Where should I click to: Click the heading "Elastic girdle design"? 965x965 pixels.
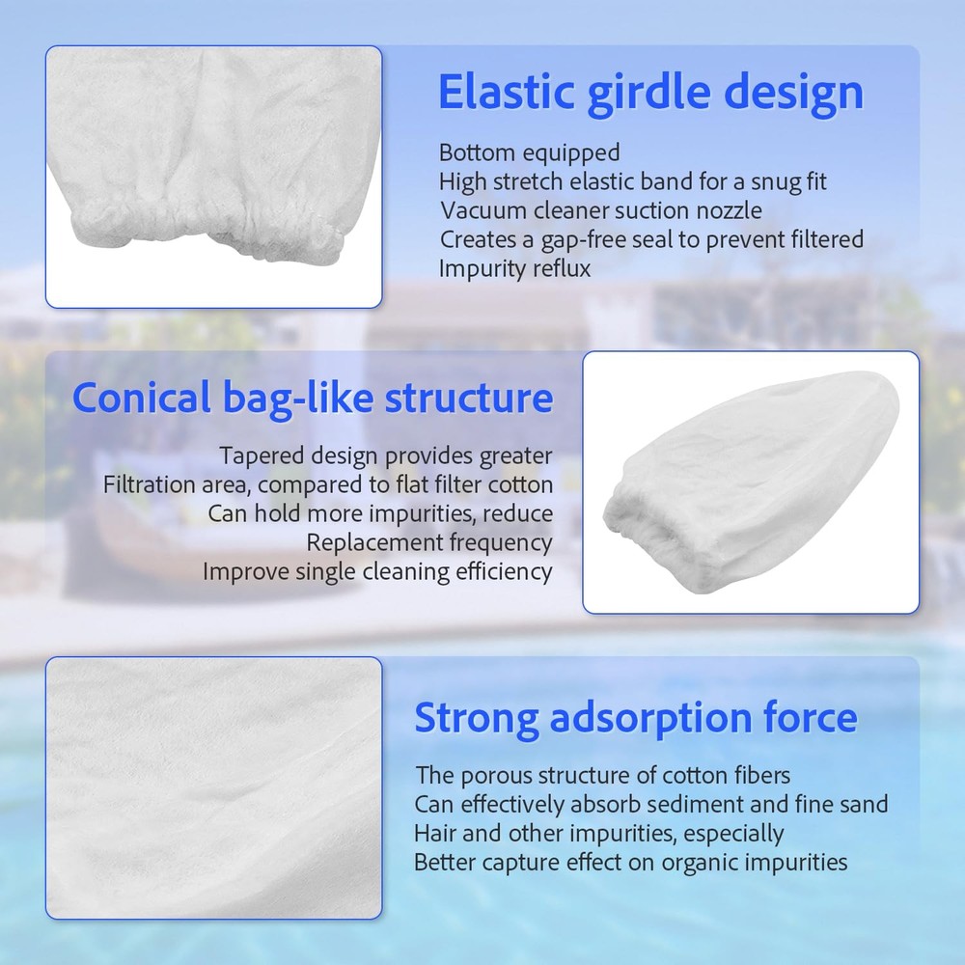(650, 93)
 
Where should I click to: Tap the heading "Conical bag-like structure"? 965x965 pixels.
(313, 398)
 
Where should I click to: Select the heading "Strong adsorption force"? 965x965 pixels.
(635, 718)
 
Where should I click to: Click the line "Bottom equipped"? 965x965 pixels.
(529, 152)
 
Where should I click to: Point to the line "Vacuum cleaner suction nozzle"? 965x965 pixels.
(601, 210)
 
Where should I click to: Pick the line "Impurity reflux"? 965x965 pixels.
(514, 268)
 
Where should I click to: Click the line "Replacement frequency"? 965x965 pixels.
(429, 542)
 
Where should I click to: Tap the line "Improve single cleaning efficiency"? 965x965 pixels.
(377, 571)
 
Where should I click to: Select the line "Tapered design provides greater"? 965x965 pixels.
(386, 455)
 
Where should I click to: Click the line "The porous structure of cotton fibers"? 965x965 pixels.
(603, 775)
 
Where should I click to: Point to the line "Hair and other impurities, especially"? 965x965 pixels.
(598, 833)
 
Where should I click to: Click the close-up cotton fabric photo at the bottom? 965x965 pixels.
(213, 787)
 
